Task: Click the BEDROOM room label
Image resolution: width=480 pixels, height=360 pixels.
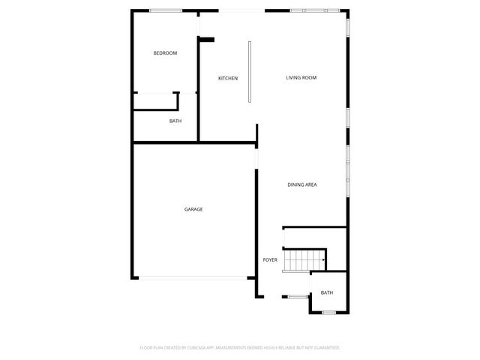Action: click(x=165, y=52)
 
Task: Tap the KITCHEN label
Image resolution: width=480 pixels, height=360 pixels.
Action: click(x=228, y=79)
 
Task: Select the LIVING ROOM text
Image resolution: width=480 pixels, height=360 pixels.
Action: click(x=301, y=77)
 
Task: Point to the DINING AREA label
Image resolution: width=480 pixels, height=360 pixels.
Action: click(x=302, y=184)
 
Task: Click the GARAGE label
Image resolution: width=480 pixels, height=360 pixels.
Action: click(x=193, y=209)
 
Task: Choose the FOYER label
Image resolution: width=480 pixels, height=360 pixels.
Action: click(x=270, y=259)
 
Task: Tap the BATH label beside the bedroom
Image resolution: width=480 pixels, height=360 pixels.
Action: click(x=175, y=121)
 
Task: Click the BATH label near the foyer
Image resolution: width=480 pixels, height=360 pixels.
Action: click(x=327, y=292)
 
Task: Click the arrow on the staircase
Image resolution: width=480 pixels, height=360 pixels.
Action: click(x=322, y=260)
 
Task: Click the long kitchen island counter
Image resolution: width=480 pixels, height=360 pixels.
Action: click(x=250, y=71)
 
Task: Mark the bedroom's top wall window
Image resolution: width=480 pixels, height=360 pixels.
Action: click(x=165, y=10)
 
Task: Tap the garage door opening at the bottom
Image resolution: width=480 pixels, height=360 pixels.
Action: click(x=193, y=278)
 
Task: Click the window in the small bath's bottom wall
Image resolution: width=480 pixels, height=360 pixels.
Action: click(x=328, y=312)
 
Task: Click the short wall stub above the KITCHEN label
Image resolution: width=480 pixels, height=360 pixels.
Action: click(x=207, y=40)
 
